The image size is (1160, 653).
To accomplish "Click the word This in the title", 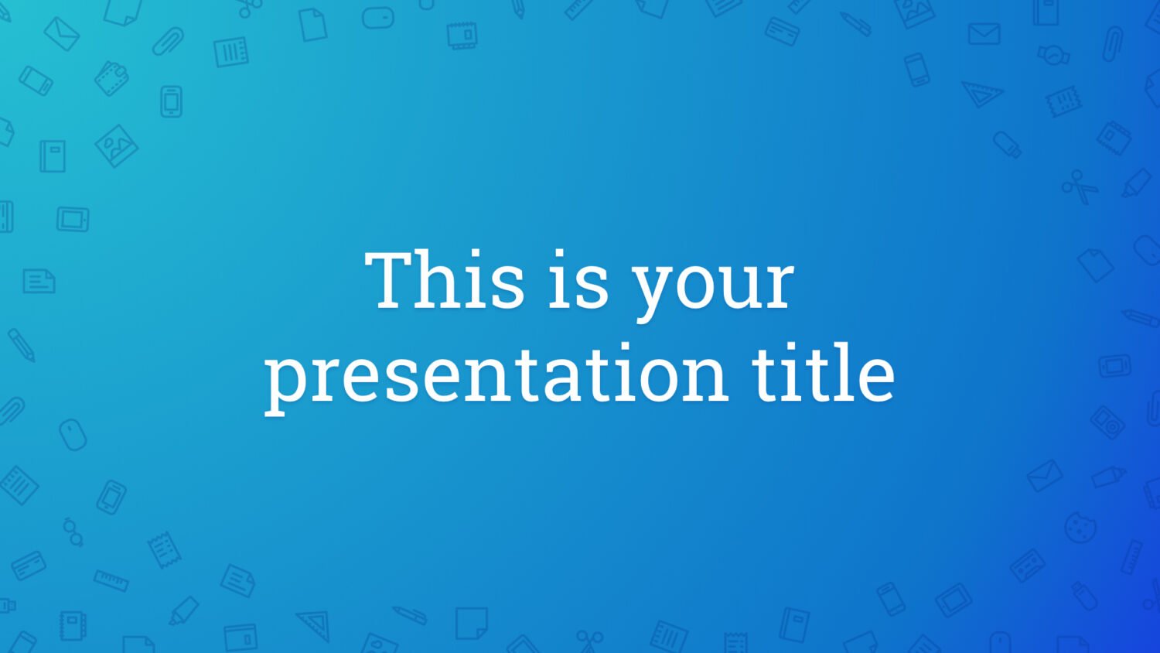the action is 444,280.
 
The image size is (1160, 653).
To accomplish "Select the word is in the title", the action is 578,280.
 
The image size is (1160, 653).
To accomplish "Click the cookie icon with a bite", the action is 1080,528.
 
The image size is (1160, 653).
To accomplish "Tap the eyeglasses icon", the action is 73,532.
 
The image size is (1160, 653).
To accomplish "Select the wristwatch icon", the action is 1053,54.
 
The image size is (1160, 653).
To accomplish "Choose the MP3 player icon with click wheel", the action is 1107,422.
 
